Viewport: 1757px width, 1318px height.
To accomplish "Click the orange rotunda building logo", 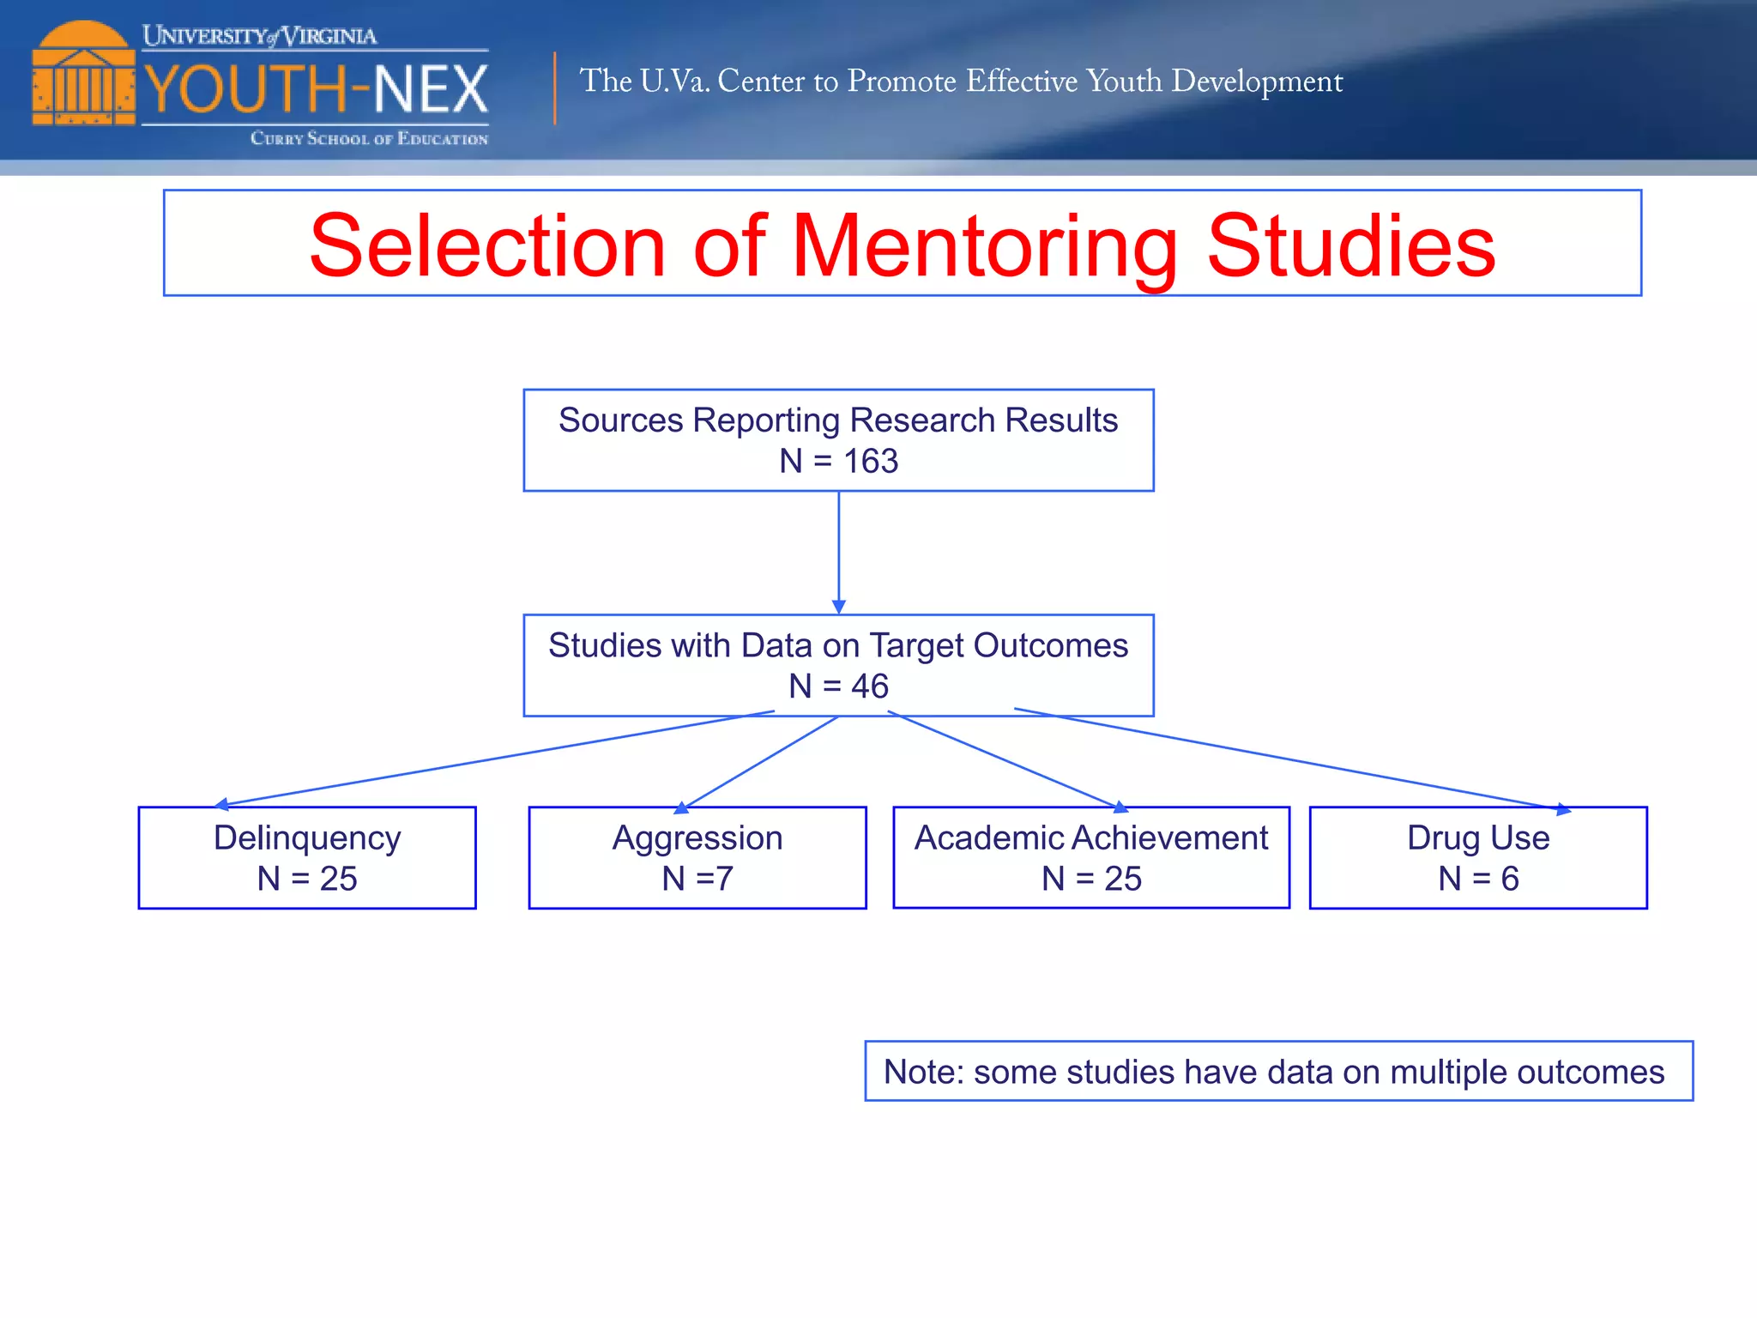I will coord(83,75).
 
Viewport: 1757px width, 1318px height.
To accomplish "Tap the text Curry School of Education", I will coord(369,138).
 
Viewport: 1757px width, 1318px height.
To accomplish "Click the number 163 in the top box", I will coord(870,462).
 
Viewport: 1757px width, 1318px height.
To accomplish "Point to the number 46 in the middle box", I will coord(869,686).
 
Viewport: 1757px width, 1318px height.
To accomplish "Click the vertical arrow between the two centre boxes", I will coord(838,553).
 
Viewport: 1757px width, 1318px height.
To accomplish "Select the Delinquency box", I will coord(307,857).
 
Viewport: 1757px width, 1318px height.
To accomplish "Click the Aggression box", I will coord(697,857).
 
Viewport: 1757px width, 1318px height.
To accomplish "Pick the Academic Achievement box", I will coord(1090,857).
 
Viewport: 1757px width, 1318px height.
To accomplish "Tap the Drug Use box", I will coord(1478,857).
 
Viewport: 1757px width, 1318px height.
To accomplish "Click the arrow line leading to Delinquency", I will coord(494,758).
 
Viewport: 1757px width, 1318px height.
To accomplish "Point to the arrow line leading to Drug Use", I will coord(1287,759).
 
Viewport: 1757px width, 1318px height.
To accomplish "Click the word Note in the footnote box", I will coord(922,1073).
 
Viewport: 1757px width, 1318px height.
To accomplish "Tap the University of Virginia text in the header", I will coord(259,36).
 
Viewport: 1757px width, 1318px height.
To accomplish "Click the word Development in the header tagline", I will coord(1257,82).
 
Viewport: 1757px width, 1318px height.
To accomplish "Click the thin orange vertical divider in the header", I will coord(555,88).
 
